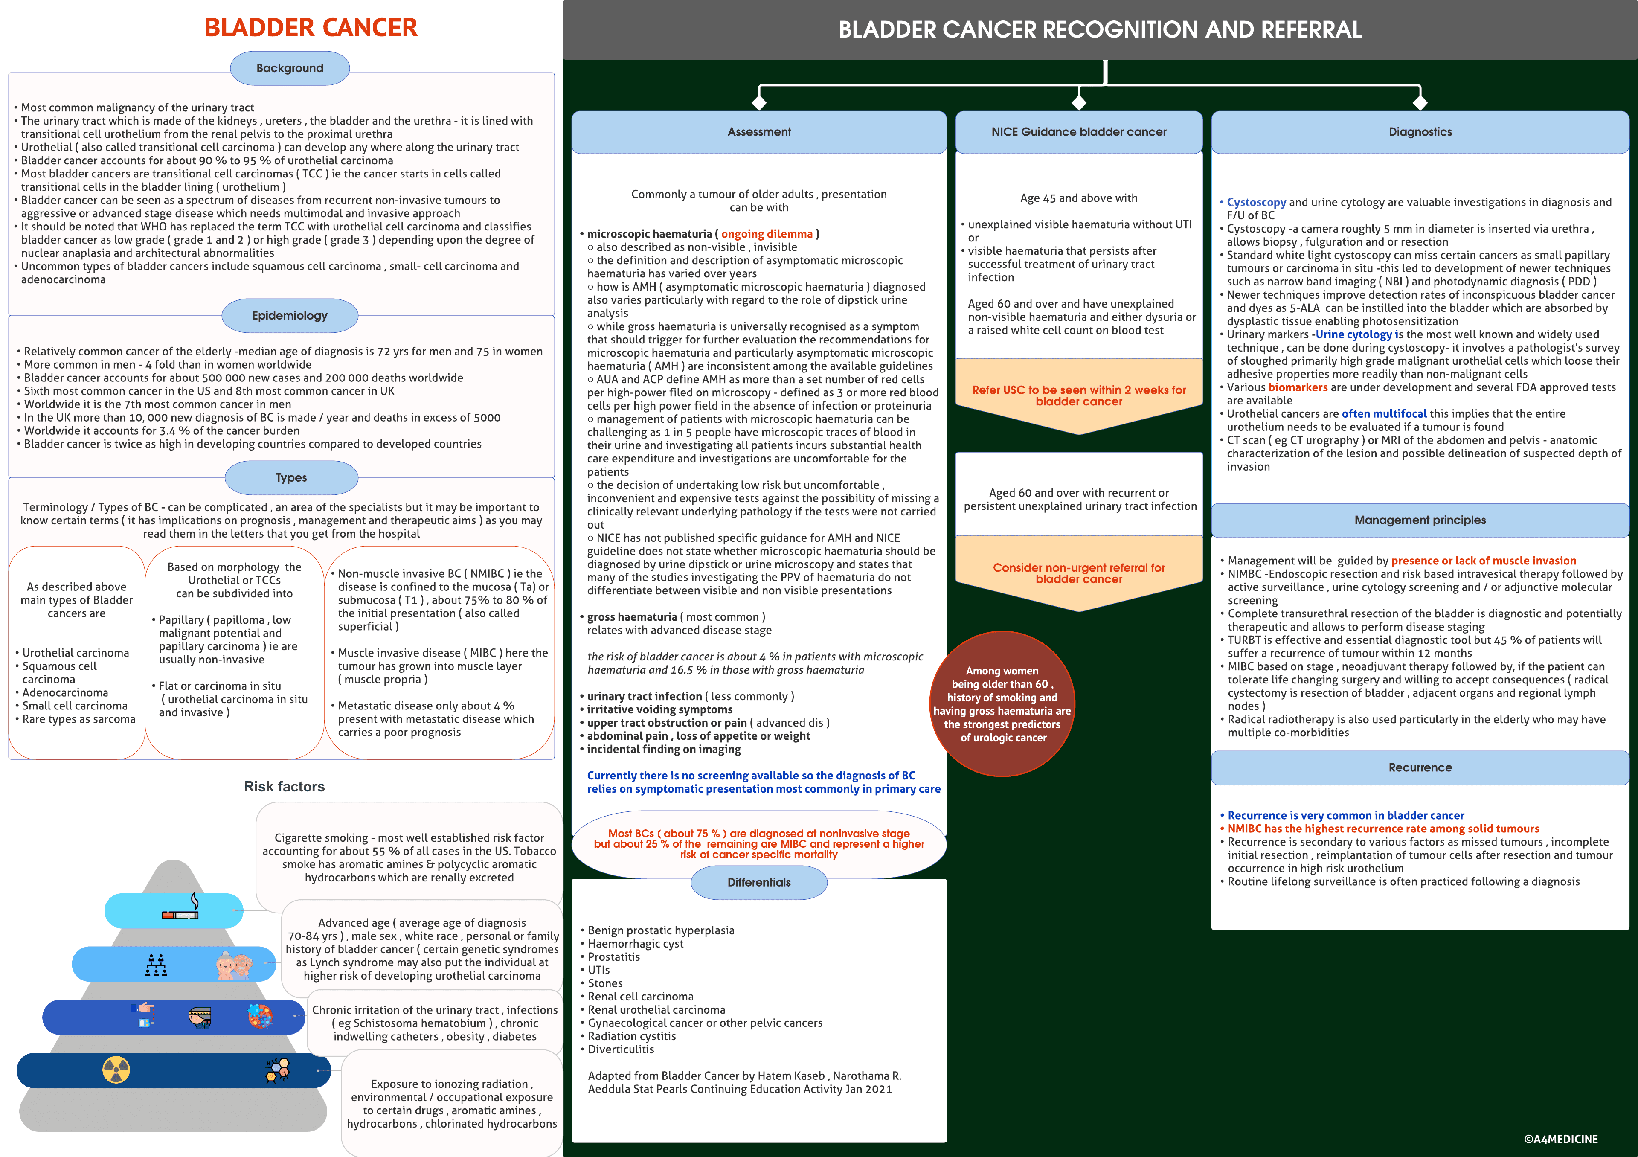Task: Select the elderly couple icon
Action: pos(234,965)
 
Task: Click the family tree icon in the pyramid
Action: pos(156,965)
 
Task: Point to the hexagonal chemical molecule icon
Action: pos(278,1070)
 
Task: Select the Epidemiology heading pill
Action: pos(290,315)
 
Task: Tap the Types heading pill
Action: pos(291,478)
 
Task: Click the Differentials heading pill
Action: pos(759,882)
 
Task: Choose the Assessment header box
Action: pos(759,132)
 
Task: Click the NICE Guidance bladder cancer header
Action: pos(1079,132)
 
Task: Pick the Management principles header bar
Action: pos(1420,520)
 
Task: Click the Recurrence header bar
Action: pos(1420,767)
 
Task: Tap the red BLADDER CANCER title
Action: pos(311,28)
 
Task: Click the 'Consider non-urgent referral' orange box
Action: pos(1079,573)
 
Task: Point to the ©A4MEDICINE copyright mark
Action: pos(1560,1139)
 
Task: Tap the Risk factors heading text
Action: pos(284,787)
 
